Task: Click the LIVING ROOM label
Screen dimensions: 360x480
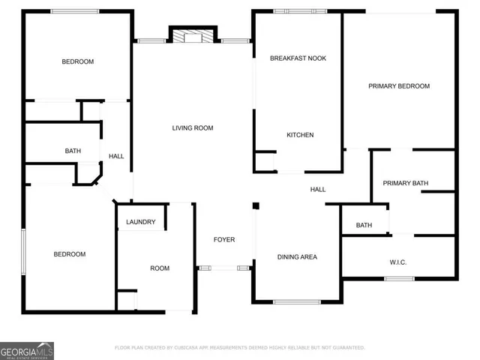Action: click(193, 128)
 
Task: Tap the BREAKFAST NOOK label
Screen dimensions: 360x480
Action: click(298, 58)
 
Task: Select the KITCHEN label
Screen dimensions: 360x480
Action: click(300, 135)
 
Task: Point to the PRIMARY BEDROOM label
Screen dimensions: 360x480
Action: click(399, 86)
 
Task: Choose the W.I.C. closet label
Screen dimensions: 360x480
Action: click(397, 262)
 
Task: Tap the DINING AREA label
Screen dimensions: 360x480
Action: click(298, 257)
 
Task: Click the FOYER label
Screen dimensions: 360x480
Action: click(224, 240)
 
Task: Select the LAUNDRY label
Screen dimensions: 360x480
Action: click(141, 222)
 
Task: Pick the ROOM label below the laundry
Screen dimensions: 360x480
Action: click(160, 268)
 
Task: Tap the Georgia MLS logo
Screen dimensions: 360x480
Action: click(26, 351)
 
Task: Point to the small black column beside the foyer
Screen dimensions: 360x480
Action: click(256, 205)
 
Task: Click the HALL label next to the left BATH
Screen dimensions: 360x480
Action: click(116, 156)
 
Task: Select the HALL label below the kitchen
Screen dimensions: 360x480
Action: click(318, 190)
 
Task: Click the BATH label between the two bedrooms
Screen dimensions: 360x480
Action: click(73, 151)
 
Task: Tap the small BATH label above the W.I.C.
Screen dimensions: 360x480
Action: click(364, 225)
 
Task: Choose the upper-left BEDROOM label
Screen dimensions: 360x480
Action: click(77, 61)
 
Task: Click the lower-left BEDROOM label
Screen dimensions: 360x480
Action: click(69, 254)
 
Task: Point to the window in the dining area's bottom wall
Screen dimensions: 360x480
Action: click(297, 301)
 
